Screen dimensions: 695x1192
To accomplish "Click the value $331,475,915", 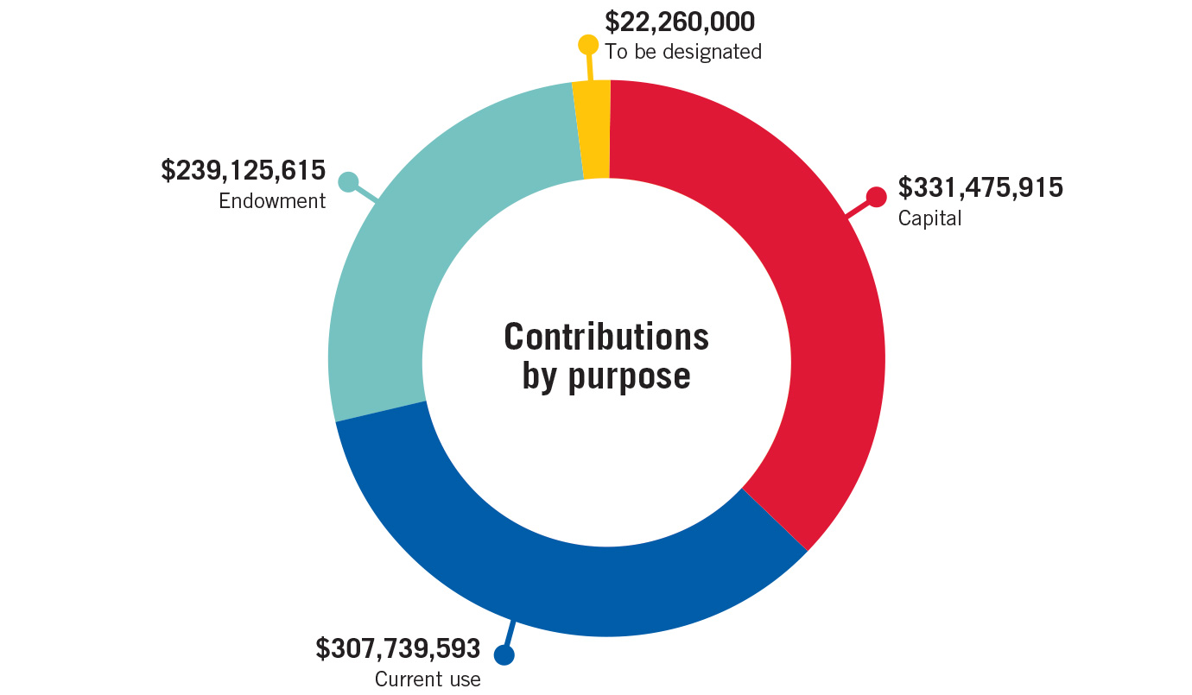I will [x=980, y=187].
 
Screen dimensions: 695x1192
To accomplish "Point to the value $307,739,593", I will [x=397, y=648].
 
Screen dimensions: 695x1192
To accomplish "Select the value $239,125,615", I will [x=244, y=170].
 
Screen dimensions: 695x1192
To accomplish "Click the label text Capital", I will [x=929, y=218].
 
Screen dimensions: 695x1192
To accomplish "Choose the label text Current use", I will [x=428, y=679].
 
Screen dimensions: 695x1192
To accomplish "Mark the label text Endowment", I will [x=272, y=201].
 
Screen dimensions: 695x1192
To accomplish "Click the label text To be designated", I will [x=683, y=52].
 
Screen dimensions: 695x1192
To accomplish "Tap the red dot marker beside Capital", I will [x=876, y=197].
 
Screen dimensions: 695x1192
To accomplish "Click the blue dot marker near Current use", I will [x=504, y=654].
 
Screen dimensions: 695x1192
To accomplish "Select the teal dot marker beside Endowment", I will [x=347, y=181].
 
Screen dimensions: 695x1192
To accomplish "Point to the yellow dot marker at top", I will [x=587, y=45].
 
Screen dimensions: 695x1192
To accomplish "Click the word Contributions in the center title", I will [x=606, y=337].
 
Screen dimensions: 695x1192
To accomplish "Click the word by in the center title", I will [x=541, y=377].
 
